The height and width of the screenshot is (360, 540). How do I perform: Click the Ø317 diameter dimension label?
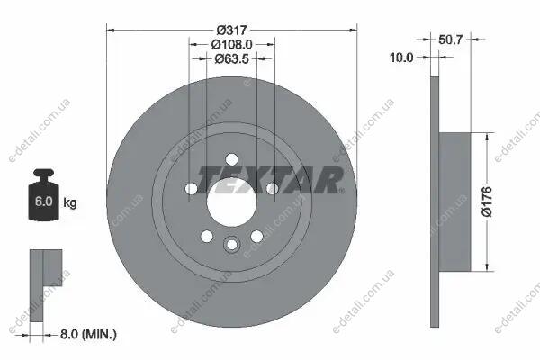[x=232, y=30]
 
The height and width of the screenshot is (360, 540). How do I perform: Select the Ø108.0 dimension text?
[x=232, y=44]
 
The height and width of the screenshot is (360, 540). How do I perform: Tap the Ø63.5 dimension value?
[x=232, y=58]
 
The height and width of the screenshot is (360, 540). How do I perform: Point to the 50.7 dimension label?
[x=451, y=40]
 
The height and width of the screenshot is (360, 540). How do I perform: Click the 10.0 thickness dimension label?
[x=401, y=58]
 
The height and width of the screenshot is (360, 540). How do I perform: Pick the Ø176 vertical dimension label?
[x=487, y=202]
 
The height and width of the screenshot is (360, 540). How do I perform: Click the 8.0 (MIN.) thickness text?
[x=88, y=334]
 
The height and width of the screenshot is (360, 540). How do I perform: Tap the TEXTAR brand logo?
[x=270, y=180]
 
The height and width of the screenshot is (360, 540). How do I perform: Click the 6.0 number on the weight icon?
[x=44, y=202]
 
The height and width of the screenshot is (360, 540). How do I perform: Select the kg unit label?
[x=70, y=202]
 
